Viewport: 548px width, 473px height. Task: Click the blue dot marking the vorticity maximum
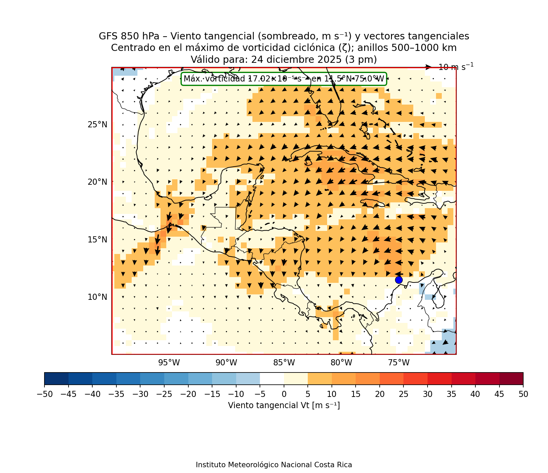pyautogui.click(x=399, y=280)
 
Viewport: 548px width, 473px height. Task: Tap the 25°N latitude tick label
pyautogui.click(x=97, y=125)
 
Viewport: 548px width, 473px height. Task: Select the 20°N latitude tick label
pyautogui.click(x=97, y=182)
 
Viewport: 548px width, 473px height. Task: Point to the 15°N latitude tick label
pyautogui.click(x=97, y=240)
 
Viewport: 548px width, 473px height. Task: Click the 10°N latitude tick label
pyautogui.click(x=97, y=297)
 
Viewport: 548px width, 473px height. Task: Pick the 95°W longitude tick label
pyautogui.click(x=169, y=363)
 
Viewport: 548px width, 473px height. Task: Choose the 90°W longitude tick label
pyautogui.click(x=226, y=363)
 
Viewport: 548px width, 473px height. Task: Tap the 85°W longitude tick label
pyautogui.click(x=284, y=363)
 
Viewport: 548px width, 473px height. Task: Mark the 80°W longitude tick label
pyautogui.click(x=341, y=363)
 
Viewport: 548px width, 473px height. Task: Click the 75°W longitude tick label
pyautogui.click(x=399, y=363)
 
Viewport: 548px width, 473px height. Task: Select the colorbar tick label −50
pyautogui.click(x=44, y=394)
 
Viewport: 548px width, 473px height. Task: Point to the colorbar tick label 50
pyautogui.click(x=523, y=394)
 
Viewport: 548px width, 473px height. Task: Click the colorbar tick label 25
pyautogui.click(x=403, y=394)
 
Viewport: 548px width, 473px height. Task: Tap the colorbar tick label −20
pyautogui.click(x=188, y=394)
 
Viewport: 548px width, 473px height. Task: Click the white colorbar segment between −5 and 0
pyautogui.click(x=272, y=379)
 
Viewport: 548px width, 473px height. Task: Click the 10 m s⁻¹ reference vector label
pyautogui.click(x=456, y=67)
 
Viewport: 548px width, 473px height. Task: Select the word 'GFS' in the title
pyautogui.click(x=107, y=36)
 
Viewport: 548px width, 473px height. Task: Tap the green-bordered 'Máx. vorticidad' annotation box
pyautogui.click(x=284, y=79)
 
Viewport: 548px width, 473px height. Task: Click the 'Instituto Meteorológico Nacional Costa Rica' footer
pyautogui.click(x=274, y=465)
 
